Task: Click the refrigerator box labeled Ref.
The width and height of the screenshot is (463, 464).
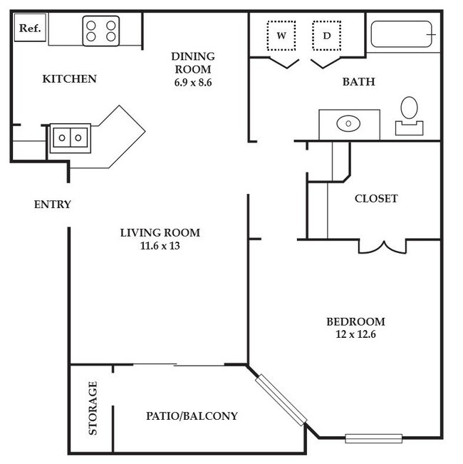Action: pyautogui.click(x=29, y=29)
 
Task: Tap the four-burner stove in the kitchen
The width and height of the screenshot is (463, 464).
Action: pyautogui.click(x=100, y=31)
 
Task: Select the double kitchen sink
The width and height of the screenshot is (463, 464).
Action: pyautogui.click(x=69, y=138)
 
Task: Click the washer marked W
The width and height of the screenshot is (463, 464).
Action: pyautogui.click(x=281, y=35)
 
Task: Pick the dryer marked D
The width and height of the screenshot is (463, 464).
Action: pyautogui.click(x=327, y=35)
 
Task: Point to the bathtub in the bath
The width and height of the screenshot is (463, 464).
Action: pyautogui.click(x=402, y=33)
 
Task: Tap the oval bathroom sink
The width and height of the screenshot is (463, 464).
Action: pyautogui.click(x=348, y=124)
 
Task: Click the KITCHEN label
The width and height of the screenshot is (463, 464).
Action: pyautogui.click(x=69, y=78)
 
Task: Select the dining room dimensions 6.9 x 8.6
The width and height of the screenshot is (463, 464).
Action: pyautogui.click(x=192, y=83)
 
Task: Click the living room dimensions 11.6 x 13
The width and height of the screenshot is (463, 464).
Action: pyautogui.click(x=160, y=247)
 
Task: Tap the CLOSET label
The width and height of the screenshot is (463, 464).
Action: pyautogui.click(x=376, y=199)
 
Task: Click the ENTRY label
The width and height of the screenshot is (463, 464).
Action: pyautogui.click(x=53, y=205)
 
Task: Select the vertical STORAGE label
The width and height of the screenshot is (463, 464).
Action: pyautogui.click(x=92, y=408)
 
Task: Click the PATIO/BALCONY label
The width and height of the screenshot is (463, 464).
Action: pyautogui.click(x=192, y=416)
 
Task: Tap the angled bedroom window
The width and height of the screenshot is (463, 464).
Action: pyautogui.click(x=282, y=400)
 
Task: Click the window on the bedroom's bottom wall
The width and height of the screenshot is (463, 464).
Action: pyautogui.click(x=373, y=438)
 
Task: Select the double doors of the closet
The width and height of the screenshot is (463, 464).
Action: pyautogui.click(x=383, y=246)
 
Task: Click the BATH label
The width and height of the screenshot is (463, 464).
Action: pyautogui.click(x=358, y=82)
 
